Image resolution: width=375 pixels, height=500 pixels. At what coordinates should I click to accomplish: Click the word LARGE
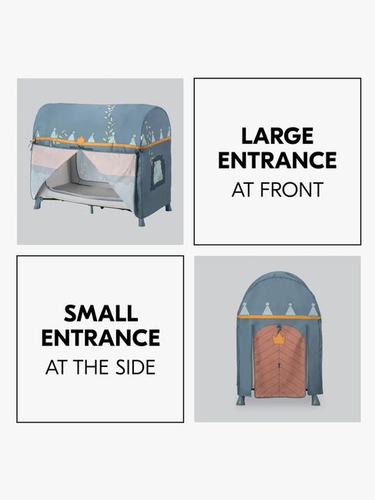click(x=277, y=136)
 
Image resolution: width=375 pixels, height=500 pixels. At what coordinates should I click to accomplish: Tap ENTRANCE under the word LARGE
click(x=277, y=160)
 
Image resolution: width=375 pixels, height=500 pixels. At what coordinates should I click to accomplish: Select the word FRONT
click(x=292, y=190)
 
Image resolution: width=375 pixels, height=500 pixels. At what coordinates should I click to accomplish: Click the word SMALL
click(x=101, y=313)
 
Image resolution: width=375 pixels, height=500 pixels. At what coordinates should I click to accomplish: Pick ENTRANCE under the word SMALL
click(x=101, y=338)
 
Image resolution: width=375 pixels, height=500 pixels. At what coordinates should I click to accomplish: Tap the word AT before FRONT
click(x=244, y=190)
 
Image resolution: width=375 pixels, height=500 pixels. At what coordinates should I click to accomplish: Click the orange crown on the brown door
click(x=279, y=339)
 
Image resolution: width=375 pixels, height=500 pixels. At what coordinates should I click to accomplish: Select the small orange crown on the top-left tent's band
click(x=81, y=139)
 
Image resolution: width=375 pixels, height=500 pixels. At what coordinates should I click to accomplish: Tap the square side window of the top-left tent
click(x=158, y=172)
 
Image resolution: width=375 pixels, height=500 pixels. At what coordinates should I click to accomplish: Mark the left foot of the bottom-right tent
click(x=241, y=401)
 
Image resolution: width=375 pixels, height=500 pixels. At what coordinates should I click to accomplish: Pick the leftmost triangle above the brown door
click(x=244, y=308)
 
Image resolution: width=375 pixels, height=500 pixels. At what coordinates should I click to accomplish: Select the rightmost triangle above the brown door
click(x=313, y=309)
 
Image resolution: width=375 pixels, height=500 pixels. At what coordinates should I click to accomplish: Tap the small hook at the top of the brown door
click(x=280, y=328)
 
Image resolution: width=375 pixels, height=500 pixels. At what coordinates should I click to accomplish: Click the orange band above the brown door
click(x=279, y=317)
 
